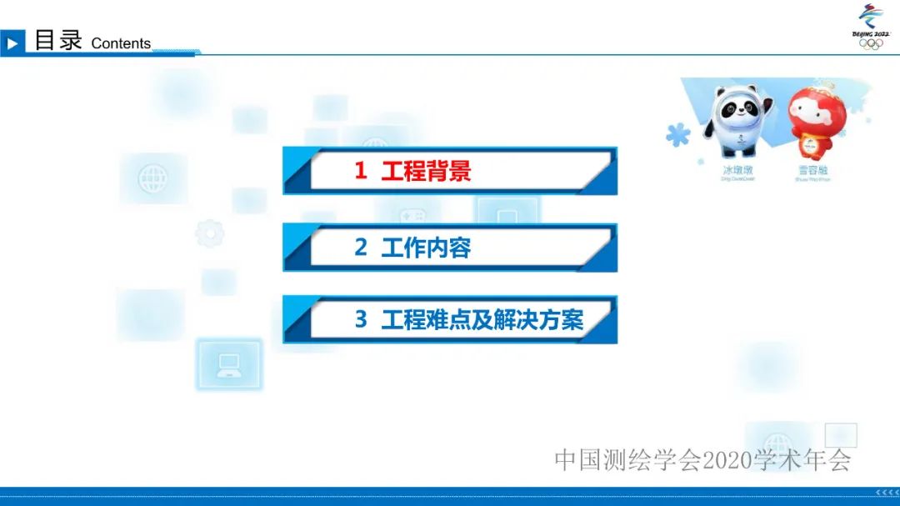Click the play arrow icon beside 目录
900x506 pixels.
coord(12,43)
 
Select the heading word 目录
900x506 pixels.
coord(58,40)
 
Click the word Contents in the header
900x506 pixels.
coord(121,43)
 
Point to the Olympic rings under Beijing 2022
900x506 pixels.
coord(870,44)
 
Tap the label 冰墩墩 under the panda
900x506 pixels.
coord(737,169)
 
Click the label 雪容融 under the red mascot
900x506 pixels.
coord(812,169)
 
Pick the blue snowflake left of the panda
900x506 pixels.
coord(677,133)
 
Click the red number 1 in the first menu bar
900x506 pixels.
coord(360,171)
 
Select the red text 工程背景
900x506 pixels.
coord(426,171)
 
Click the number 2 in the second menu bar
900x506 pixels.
coord(360,248)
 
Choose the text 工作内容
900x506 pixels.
coord(426,248)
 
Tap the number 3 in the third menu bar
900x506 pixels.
coord(360,319)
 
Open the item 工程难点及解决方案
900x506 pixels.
coord(482,319)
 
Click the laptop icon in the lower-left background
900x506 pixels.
coord(228,364)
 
